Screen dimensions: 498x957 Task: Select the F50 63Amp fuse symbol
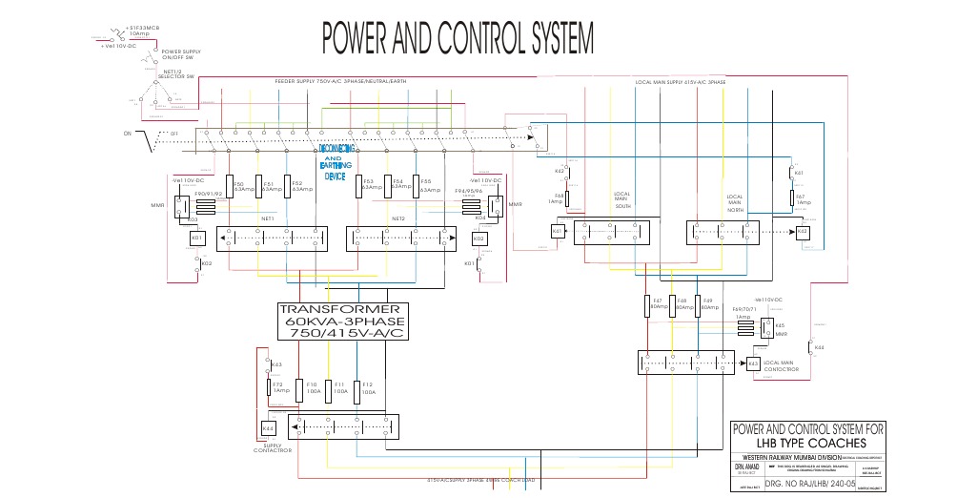228,185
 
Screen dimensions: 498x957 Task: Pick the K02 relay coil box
478,238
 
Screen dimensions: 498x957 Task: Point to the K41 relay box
559,231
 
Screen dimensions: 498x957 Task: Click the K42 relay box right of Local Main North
802,231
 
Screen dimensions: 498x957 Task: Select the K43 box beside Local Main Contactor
753,363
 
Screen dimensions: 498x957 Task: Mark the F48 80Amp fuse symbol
673,305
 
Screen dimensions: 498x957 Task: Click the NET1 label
268,218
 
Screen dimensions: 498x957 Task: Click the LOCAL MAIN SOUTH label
623,199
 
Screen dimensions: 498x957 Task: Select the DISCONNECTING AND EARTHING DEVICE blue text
336,162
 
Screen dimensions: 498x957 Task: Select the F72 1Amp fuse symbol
268,387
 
